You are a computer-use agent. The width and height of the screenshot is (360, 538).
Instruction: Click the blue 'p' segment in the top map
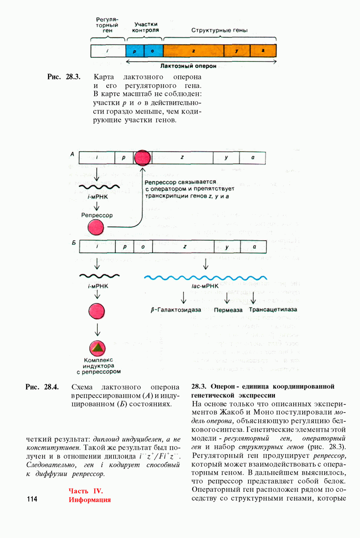[135, 51]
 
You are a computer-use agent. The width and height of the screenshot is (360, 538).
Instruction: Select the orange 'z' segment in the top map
[193, 51]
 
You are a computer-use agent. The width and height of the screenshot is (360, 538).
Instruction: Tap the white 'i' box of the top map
[108, 51]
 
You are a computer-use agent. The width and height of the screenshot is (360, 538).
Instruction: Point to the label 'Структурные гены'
[220, 30]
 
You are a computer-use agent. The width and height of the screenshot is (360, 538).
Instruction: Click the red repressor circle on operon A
[143, 158]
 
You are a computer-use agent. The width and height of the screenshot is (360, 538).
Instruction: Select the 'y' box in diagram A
[226, 158]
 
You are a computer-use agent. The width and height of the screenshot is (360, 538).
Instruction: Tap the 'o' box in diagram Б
[143, 247]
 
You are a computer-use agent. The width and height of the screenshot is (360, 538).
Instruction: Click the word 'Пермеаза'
[228, 310]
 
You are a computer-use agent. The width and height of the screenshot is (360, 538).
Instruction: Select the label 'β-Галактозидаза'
[176, 310]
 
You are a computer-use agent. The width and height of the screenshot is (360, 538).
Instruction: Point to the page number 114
[33, 499]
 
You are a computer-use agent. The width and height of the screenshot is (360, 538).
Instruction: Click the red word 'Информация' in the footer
[90, 499]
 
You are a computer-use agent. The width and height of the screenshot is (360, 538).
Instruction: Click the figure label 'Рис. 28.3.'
[64, 77]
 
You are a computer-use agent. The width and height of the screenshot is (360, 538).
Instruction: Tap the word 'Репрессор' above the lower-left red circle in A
[97, 215]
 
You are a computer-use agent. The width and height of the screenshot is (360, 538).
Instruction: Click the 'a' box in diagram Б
[254, 247]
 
